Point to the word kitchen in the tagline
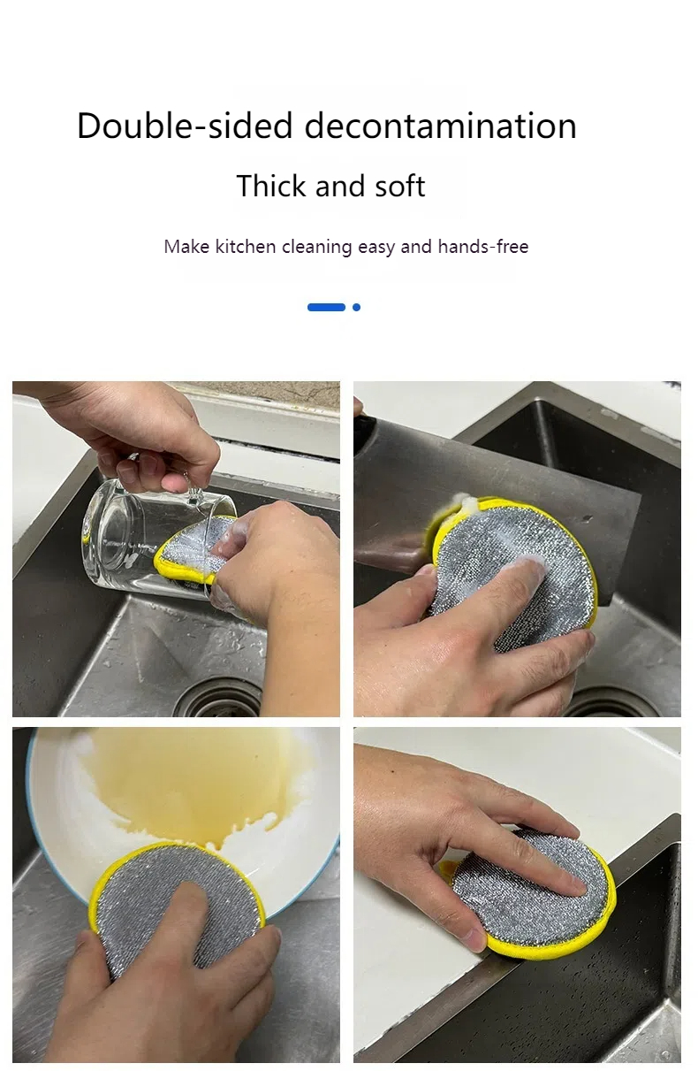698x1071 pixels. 246,247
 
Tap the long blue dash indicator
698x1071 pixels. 326,307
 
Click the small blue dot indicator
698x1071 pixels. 356,307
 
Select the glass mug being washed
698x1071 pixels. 133,531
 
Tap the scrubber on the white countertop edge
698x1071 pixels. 530,893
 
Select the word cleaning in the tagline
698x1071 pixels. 316,247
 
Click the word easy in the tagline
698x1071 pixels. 376,247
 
